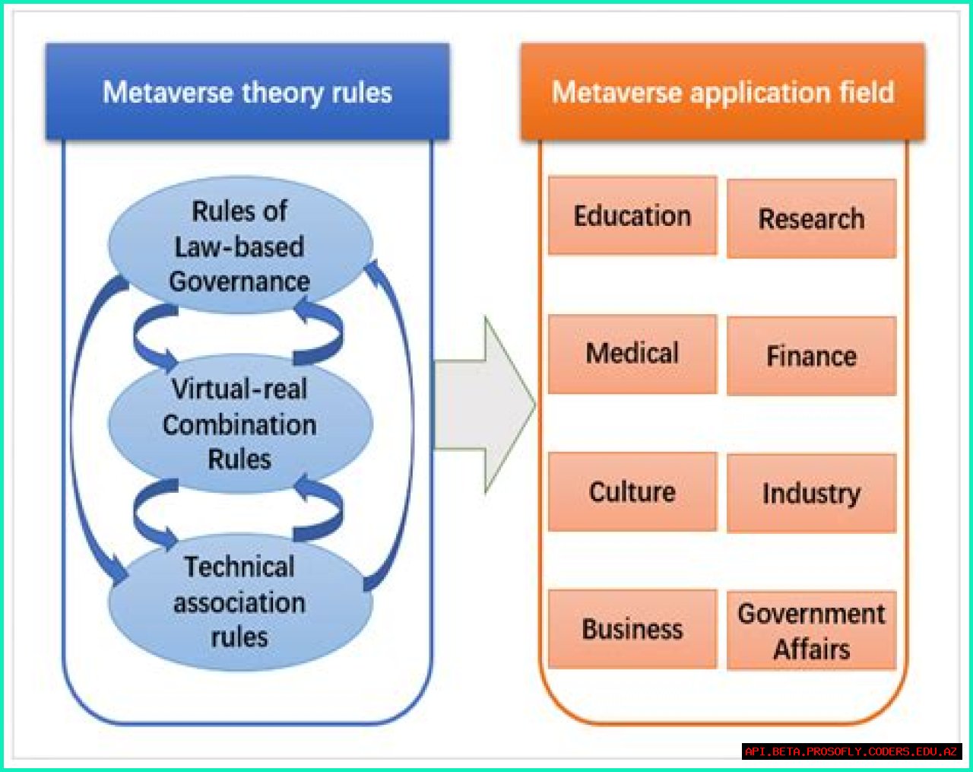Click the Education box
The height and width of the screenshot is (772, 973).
click(x=632, y=216)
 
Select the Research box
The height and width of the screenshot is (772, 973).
click(x=811, y=219)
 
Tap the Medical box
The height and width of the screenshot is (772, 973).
click(x=632, y=354)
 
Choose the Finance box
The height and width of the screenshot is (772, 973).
click(x=811, y=357)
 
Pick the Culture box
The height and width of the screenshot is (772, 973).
click(x=632, y=492)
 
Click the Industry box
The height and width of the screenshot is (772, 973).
click(x=811, y=494)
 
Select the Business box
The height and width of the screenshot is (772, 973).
click(x=632, y=630)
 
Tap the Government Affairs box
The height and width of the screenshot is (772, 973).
click(x=811, y=631)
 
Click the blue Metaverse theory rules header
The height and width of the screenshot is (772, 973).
click(x=247, y=93)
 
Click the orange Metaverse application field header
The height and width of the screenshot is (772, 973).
click(x=722, y=93)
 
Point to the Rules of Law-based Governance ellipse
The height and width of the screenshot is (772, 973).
click(x=239, y=245)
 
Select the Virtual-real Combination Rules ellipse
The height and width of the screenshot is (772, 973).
click(x=239, y=424)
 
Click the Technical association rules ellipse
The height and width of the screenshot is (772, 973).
click(x=239, y=602)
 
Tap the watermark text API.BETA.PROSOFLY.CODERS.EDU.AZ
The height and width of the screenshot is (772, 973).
click(x=851, y=751)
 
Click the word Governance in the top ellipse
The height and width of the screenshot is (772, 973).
click(x=239, y=282)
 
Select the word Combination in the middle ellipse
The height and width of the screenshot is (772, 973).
click(x=239, y=424)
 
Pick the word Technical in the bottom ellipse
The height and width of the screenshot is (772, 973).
click(x=239, y=567)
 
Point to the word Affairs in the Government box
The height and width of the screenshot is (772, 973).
click(x=812, y=650)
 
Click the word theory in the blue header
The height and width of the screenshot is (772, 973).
click(x=282, y=93)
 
